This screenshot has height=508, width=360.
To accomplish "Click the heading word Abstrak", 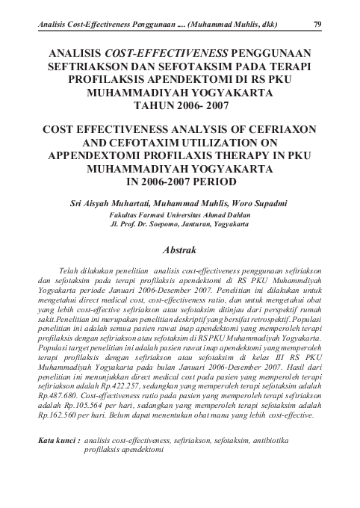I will [x=179, y=252].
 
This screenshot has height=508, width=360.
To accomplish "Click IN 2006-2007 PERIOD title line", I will [x=180, y=182].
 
